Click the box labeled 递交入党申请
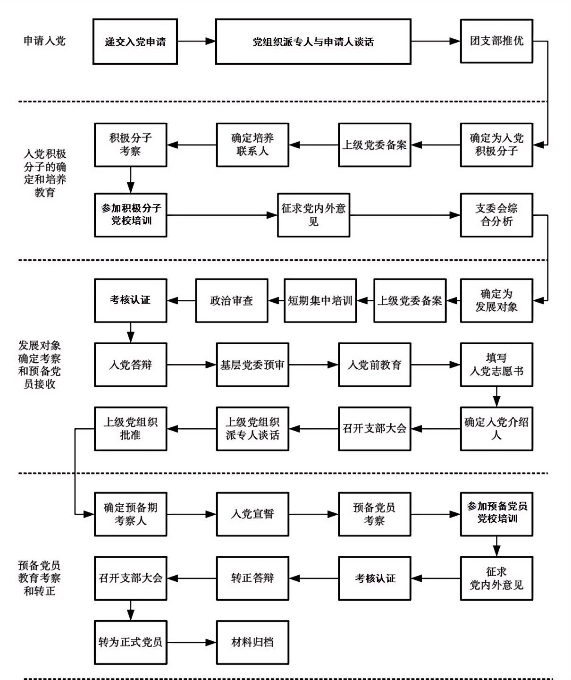[x=135, y=42]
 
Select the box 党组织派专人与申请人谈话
[x=313, y=42]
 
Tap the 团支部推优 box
[x=496, y=41]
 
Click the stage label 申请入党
[x=44, y=41]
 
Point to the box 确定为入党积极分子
[x=496, y=145]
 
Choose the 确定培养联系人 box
[x=252, y=145]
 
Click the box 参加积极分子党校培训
[x=131, y=215]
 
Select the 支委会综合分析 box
[x=496, y=215]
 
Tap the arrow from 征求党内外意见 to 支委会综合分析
[x=405, y=215]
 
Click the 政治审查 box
[x=232, y=301]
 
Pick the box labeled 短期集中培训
[x=320, y=301]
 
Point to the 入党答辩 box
[x=131, y=365]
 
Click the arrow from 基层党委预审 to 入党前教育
[x=313, y=365]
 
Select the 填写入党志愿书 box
[x=496, y=365]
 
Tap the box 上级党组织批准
[x=131, y=429]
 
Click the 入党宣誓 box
[x=252, y=514]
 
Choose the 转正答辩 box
[x=252, y=578]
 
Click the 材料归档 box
[x=252, y=642]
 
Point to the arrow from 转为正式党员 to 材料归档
[x=192, y=642]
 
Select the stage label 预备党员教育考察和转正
[x=40, y=578]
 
